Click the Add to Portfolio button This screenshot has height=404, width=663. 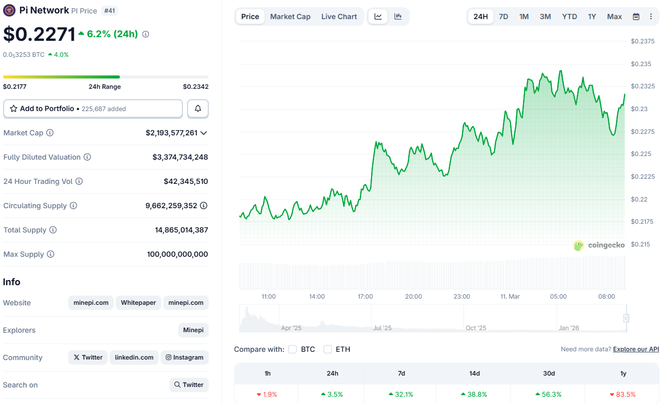[x=93, y=109]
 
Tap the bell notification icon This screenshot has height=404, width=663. [x=198, y=109]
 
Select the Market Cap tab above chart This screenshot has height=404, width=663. [x=290, y=17]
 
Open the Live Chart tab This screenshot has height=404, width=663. [x=339, y=17]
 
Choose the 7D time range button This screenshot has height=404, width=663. [x=503, y=17]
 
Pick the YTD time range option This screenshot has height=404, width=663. [x=569, y=17]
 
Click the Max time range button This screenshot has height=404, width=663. [x=614, y=17]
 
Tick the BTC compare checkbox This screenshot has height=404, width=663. [x=292, y=349]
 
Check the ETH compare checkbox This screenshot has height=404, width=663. [x=328, y=349]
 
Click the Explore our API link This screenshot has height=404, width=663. [x=636, y=349]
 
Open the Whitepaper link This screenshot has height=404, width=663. [x=138, y=303]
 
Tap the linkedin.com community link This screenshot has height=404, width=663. [x=134, y=358]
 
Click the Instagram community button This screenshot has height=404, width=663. [x=184, y=358]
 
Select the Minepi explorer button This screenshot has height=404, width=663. [x=193, y=330]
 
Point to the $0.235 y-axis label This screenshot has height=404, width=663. [x=641, y=64]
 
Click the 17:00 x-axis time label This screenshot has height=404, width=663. [x=365, y=297]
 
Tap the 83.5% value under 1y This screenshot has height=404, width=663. [x=623, y=394]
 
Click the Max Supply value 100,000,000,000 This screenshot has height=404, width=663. [x=177, y=254]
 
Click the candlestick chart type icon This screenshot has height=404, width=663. [x=398, y=17]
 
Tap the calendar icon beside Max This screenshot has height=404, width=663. [x=636, y=17]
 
